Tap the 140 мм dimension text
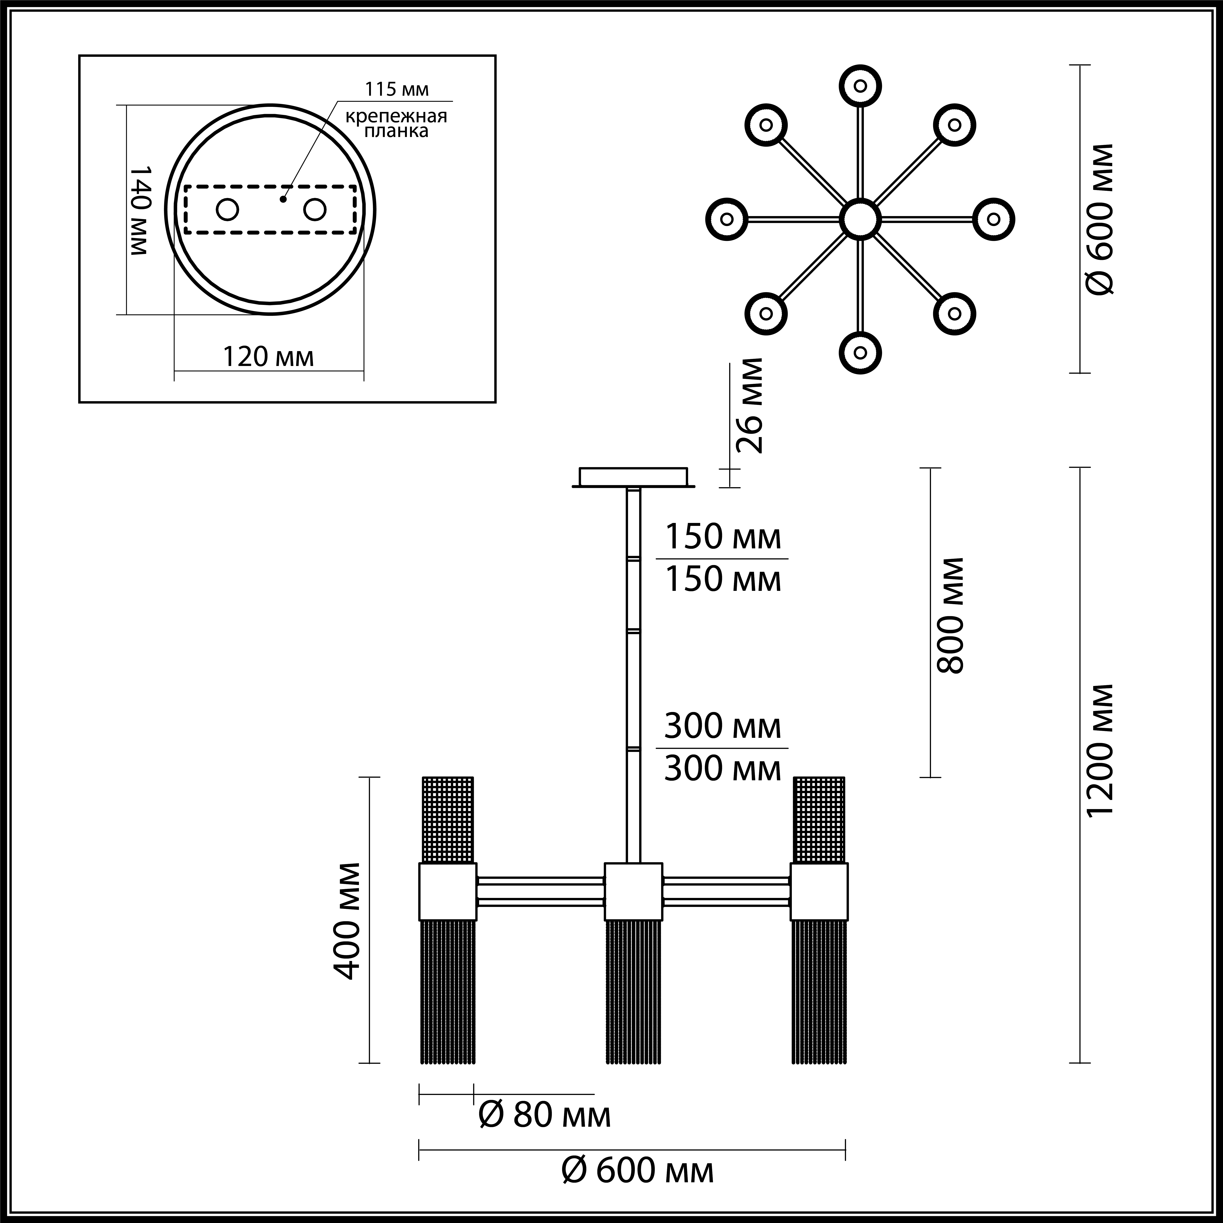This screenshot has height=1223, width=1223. pos(139,211)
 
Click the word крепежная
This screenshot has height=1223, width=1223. pos(396,116)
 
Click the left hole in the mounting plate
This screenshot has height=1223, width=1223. pos(227,210)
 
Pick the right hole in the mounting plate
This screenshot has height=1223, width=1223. pos(315,210)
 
